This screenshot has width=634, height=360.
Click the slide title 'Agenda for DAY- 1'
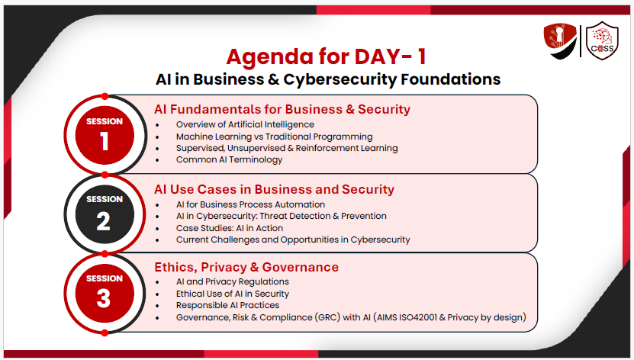326,56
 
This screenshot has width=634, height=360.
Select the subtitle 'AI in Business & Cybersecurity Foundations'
328,79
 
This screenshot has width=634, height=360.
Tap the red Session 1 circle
105,135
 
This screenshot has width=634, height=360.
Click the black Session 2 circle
105,214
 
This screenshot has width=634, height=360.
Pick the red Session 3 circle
105,294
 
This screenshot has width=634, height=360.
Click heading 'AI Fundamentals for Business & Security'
282,109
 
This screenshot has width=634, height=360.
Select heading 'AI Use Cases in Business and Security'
274,189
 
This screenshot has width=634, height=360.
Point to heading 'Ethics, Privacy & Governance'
246,267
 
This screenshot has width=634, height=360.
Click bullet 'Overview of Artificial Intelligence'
245,124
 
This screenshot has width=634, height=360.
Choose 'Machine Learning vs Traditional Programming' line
274,137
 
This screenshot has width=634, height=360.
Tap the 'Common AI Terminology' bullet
229,159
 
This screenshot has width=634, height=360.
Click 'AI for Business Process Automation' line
250,204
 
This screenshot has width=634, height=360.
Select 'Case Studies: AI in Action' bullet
229,228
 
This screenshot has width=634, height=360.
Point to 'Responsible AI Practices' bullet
227,305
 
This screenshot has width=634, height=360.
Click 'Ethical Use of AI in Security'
233,294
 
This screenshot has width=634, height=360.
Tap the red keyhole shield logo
560,41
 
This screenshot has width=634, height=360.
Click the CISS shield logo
602,41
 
